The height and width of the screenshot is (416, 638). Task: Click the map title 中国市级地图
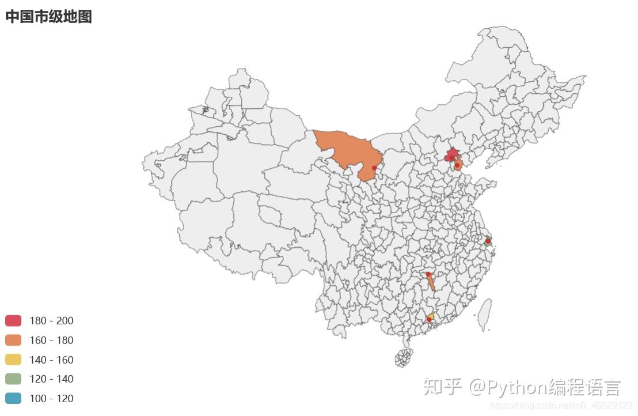point(48,17)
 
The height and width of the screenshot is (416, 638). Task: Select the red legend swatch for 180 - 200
point(13,320)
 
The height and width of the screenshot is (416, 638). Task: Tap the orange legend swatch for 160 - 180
point(13,340)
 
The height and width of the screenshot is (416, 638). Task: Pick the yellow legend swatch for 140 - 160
point(13,360)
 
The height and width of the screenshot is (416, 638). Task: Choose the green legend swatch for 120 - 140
point(13,379)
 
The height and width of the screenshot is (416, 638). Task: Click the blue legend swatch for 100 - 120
point(13,398)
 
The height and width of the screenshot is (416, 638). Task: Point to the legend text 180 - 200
point(51,321)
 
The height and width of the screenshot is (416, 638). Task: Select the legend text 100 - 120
point(51,399)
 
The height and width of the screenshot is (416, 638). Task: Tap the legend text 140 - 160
point(51,360)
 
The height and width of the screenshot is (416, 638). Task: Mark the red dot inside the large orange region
point(374,168)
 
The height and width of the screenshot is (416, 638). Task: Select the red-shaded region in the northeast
point(453,153)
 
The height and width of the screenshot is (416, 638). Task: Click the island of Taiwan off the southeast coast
point(485,314)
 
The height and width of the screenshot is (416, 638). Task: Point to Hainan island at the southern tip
point(404,358)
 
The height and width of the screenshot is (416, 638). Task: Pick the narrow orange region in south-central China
point(430,282)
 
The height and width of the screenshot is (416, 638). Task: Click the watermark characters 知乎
point(442,387)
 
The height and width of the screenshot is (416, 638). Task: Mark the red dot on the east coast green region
point(488,241)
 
